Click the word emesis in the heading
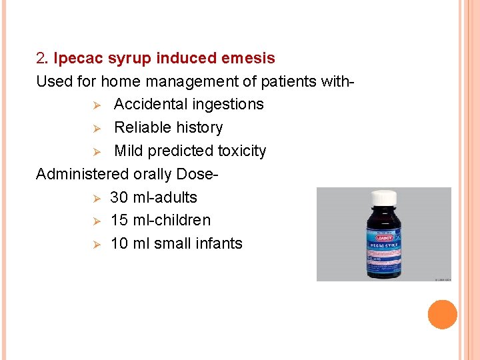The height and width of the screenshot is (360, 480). [x=250, y=59]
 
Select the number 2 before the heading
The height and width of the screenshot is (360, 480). [x=40, y=59]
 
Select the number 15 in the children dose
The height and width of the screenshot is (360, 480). [x=119, y=220]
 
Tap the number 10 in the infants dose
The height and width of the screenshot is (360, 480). [x=119, y=243]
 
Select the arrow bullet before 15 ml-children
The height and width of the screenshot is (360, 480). [x=95, y=221]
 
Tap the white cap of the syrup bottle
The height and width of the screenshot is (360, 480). [x=383, y=198]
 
